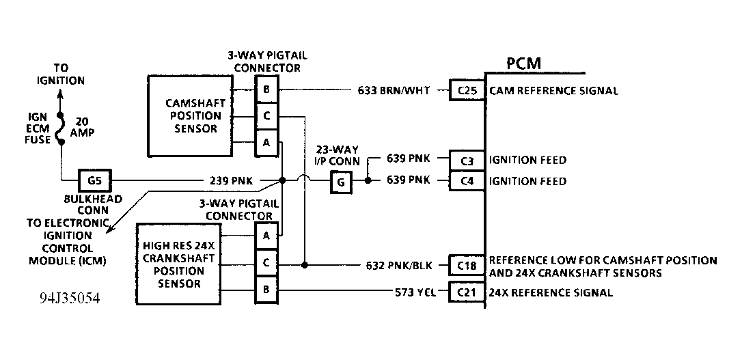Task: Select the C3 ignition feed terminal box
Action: click(466, 161)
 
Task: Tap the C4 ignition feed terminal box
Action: click(466, 182)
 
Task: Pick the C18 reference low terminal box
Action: click(466, 265)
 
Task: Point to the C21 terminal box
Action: click(466, 292)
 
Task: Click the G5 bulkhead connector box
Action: click(95, 182)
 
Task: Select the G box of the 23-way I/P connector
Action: click(342, 182)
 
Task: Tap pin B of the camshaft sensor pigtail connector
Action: click(266, 89)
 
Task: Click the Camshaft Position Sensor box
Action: click(189, 115)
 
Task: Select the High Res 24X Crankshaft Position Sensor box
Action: click(179, 264)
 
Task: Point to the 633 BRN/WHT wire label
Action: click(394, 90)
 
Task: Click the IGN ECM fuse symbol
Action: click(60, 128)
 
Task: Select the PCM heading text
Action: click(524, 64)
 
